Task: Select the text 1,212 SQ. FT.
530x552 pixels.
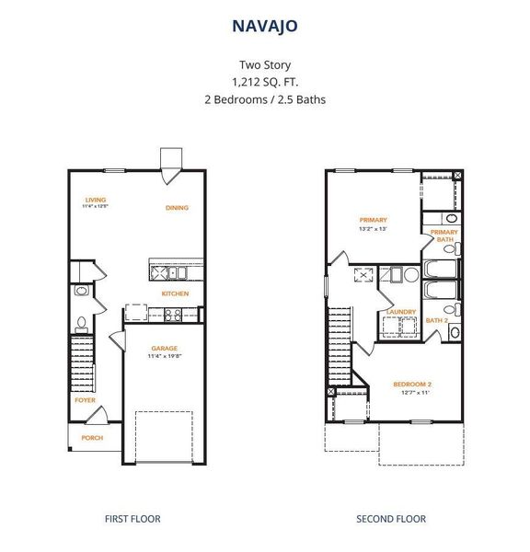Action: point(265,82)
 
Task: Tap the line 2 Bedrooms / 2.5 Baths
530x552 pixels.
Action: point(265,98)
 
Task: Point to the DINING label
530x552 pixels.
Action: point(177,208)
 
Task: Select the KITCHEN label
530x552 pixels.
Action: point(175,293)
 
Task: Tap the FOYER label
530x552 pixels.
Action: point(85,400)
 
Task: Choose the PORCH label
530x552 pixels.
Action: point(92,438)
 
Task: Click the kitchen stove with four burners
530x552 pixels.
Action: point(172,314)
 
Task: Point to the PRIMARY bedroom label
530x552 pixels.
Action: point(373,220)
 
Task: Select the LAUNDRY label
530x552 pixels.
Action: point(401,311)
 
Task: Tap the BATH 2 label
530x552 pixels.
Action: point(436,320)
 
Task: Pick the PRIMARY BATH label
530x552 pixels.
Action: point(444,236)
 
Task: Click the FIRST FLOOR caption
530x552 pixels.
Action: point(132,519)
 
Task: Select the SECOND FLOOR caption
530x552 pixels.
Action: point(391,519)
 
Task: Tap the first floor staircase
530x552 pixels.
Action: point(82,359)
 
